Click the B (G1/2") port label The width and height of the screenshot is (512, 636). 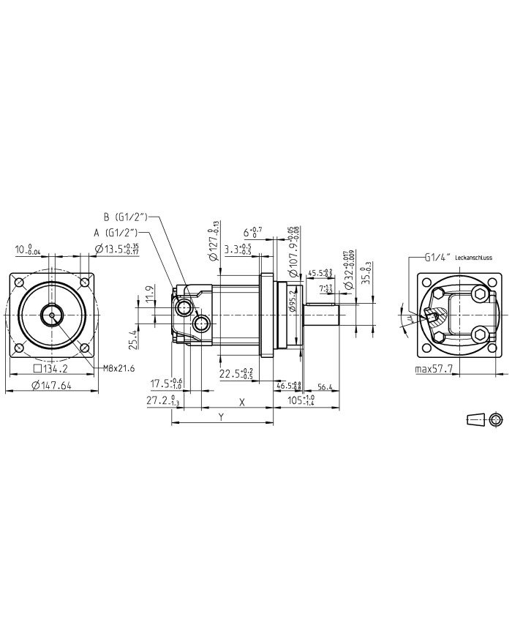pyautogui.click(x=126, y=217)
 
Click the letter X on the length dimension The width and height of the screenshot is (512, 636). pyautogui.click(x=242, y=402)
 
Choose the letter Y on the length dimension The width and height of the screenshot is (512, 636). pyautogui.click(x=222, y=416)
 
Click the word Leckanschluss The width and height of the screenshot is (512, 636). pyautogui.click(x=473, y=258)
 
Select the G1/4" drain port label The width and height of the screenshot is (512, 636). pyautogui.click(x=437, y=258)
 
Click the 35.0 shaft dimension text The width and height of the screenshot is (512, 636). pyautogui.click(x=368, y=275)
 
